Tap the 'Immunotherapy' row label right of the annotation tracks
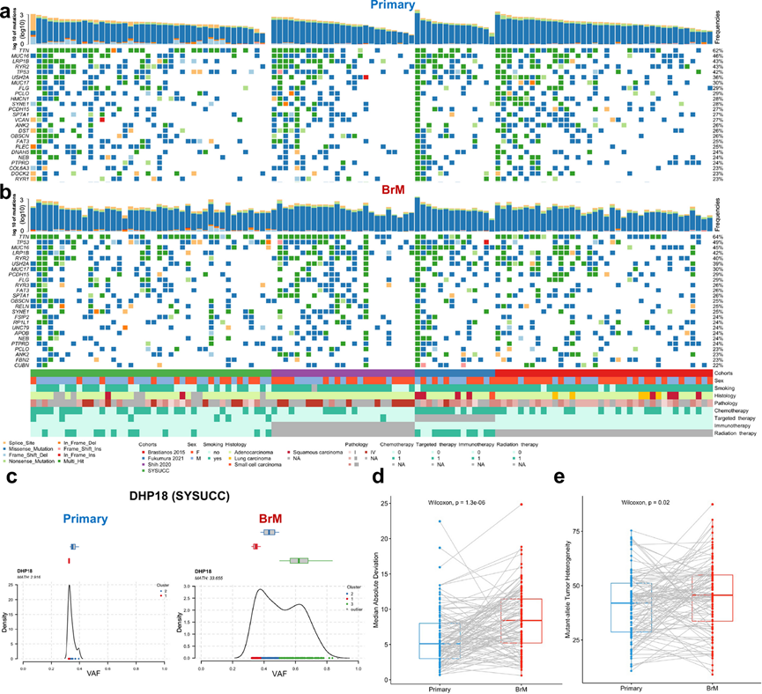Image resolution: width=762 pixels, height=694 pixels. tap(736, 424)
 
